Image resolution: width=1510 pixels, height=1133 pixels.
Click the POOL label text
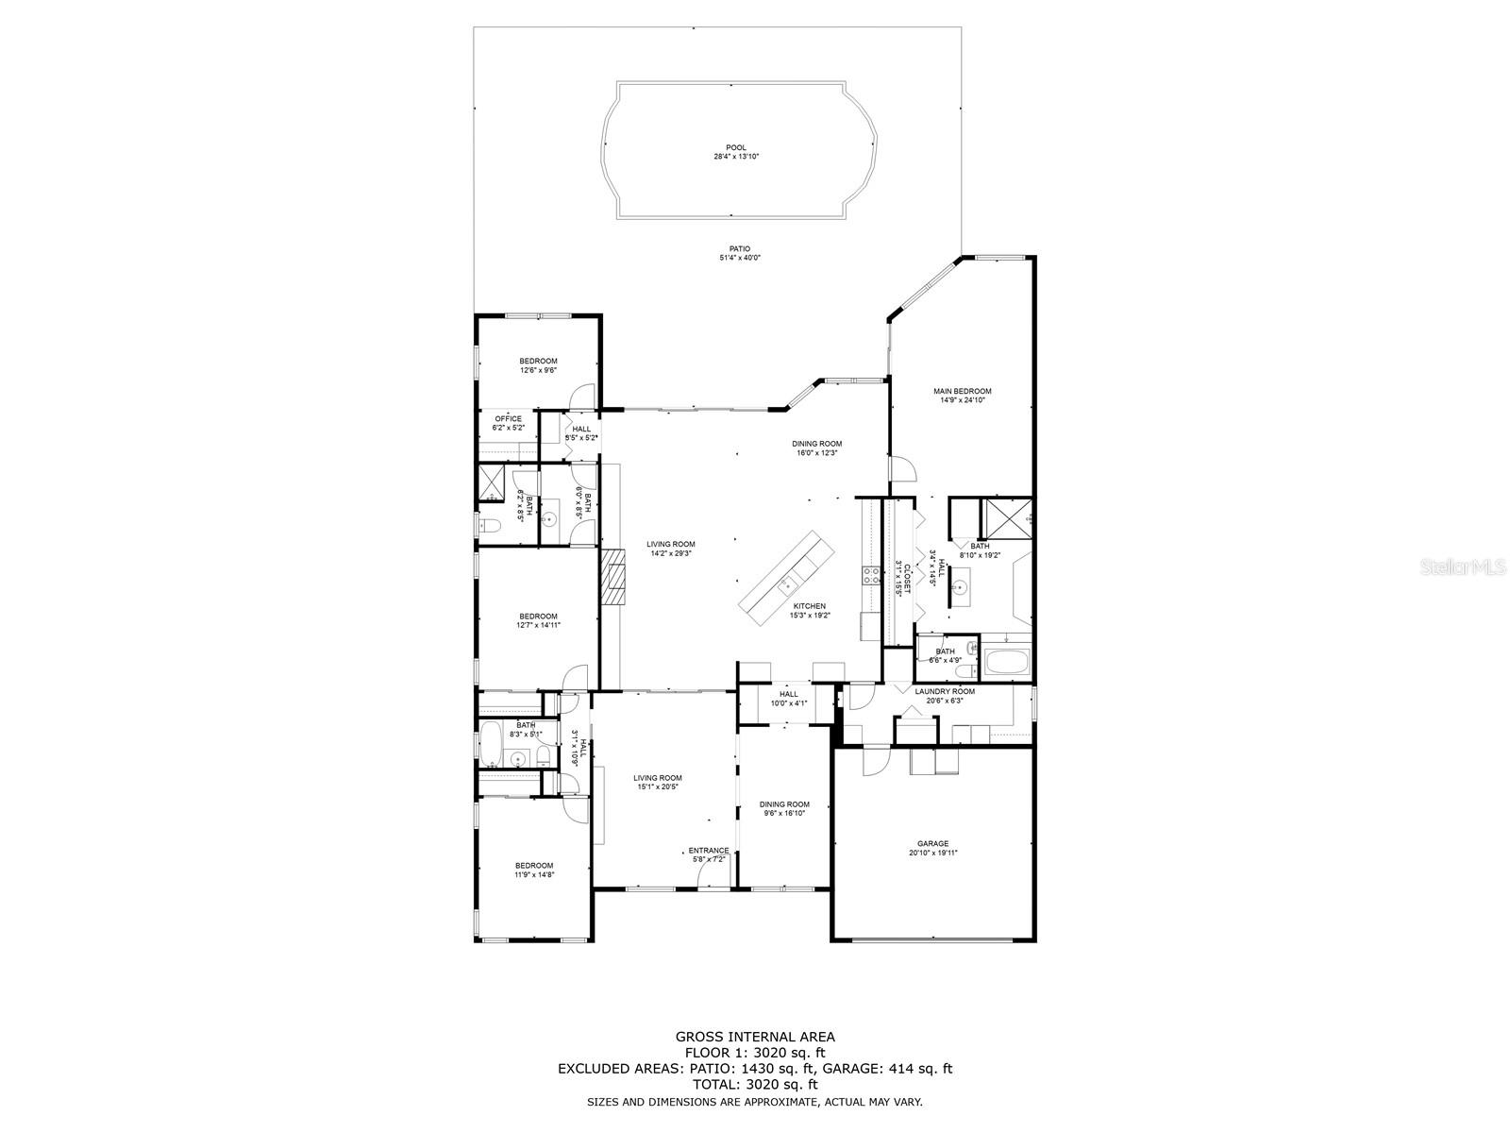[736, 147]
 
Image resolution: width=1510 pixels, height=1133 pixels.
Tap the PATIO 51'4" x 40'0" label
[739, 253]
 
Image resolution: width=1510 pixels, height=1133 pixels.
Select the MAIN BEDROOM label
[963, 391]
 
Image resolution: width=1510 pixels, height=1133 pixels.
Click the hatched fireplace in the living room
[615, 576]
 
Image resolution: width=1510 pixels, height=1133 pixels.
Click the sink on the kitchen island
[785, 586]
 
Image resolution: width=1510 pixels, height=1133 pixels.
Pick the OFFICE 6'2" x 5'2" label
[508, 423]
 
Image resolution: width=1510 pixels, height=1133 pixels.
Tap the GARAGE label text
[932, 844]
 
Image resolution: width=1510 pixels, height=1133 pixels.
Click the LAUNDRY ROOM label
[945, 691]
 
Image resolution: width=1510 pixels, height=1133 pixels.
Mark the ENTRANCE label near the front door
[709, 850]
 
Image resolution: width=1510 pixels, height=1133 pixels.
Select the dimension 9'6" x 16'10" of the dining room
[785, 813]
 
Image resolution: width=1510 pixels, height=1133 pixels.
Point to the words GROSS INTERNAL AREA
[754, 1036]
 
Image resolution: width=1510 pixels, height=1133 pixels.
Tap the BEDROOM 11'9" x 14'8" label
[534, 870]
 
